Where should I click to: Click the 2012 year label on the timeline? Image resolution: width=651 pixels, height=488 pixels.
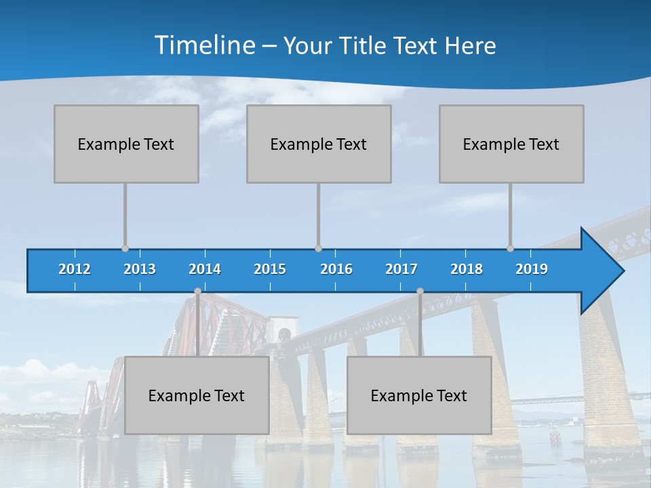75,269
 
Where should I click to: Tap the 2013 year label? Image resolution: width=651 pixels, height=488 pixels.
140,269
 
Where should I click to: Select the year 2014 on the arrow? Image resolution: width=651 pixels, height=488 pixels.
205,269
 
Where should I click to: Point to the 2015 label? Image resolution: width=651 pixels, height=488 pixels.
270,269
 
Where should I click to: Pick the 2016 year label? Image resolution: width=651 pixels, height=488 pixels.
336,269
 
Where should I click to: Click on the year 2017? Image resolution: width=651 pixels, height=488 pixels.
401,269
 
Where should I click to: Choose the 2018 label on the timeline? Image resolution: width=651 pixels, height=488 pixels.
467,269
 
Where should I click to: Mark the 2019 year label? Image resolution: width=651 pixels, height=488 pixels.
532,269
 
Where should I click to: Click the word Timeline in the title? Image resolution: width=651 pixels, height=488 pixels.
204,45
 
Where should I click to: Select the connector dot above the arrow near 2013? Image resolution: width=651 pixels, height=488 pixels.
125,248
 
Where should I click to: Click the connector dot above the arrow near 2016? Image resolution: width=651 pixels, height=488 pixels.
318,248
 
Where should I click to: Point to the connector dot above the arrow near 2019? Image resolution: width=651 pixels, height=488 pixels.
510,248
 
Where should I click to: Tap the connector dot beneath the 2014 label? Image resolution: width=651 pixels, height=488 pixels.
197,291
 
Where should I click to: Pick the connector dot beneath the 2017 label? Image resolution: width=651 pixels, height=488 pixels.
420,291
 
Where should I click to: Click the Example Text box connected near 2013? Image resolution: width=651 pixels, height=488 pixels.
126,144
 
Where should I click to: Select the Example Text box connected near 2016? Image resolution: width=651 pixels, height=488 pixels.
319,144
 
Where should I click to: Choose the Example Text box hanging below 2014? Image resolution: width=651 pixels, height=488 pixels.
197,396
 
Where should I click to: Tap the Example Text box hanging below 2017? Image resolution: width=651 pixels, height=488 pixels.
419,396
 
